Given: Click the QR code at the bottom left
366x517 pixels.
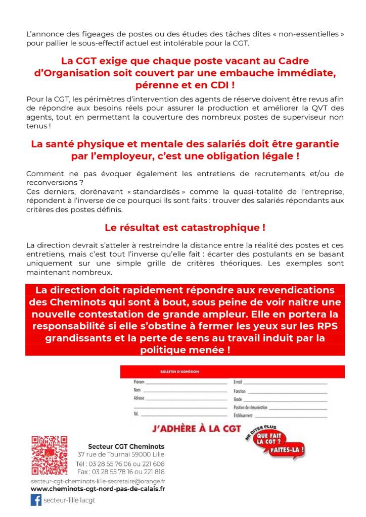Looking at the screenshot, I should coord(49,455).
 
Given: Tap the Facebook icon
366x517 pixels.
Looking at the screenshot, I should coord(36,500).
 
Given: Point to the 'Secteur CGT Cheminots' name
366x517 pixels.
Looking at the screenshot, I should coord(126,446).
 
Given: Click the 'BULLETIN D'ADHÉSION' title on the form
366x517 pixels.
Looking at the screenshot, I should coord(179,372).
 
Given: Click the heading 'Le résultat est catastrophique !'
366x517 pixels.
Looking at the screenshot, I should coord(185,228).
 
